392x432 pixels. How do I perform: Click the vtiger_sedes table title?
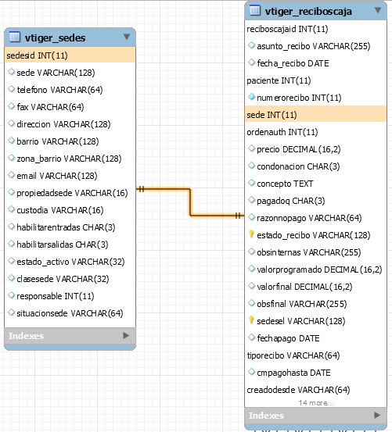pyautogui.click(x=55, y=37)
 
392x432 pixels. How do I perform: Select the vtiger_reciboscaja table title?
pyautogui.click(x=308, y=11)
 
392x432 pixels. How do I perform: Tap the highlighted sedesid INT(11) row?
pyautogui.click(x=70, y=55)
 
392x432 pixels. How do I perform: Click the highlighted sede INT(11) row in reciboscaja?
pyautogui.click(x=315, y=115)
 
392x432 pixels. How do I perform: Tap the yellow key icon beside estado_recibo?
pyautogui.click(x=251, y=234)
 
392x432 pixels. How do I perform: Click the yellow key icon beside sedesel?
pyautogui.click(x=251, y=320)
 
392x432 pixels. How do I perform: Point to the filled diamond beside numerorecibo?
pyautogui.click(x=251, y=97)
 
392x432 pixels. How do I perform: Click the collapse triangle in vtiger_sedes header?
pyautogui.click(x=127, y=37)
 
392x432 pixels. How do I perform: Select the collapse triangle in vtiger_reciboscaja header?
pyautogui.click(x=378, y=10)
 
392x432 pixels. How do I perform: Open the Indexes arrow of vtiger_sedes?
pyautogui.click(x=126, y=335)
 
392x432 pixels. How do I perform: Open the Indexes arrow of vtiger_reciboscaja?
pyautogui.click(x=377, y=415)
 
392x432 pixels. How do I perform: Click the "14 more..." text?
pyautogui.click(x=316, y=403)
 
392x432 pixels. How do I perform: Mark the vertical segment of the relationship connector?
pyautogui.click(x=190, y=202)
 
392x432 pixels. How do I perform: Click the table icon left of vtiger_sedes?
pyautogui.click(x=15, y=37)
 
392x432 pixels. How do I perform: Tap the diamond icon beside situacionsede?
pyautogui.click(x=11, y=312)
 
